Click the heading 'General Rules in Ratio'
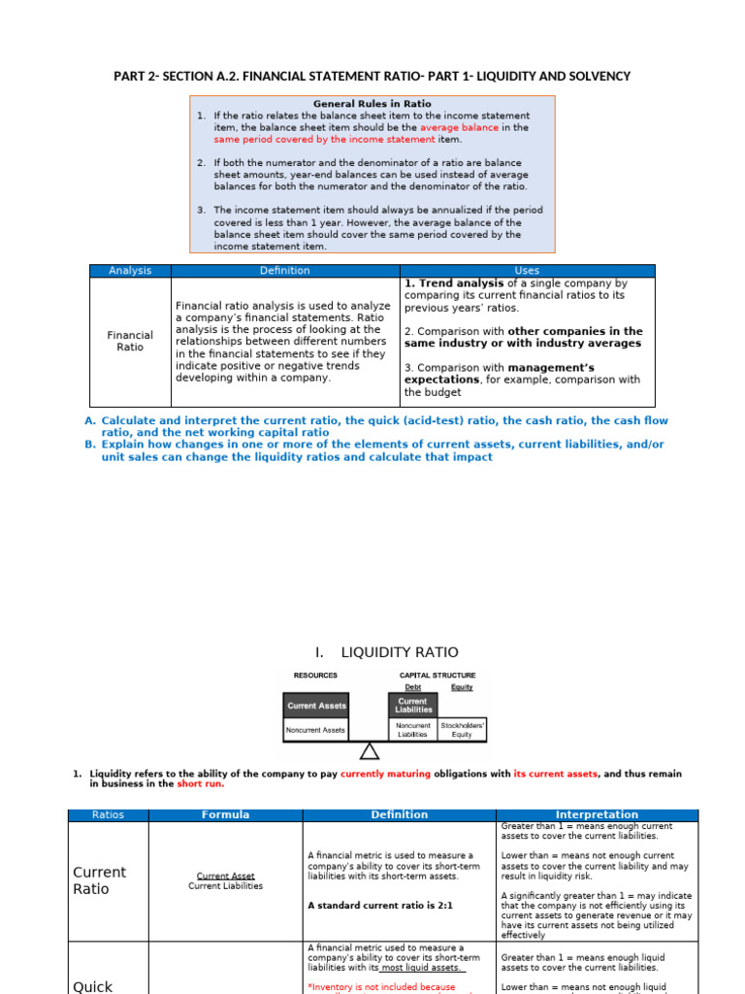372,104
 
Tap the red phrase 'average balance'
459,127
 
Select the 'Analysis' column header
130,271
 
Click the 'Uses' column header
528,271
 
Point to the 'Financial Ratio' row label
130,341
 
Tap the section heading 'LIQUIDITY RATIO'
400,652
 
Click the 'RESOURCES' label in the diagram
315,676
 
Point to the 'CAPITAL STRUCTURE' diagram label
437,676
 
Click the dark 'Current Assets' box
316,706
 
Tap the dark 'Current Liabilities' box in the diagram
412,705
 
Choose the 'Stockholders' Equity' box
463,730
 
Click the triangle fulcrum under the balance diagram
369,751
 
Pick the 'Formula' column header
225,814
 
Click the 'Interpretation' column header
597,814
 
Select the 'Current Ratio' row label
100,880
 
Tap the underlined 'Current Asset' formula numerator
225,876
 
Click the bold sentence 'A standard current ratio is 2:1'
380,905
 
